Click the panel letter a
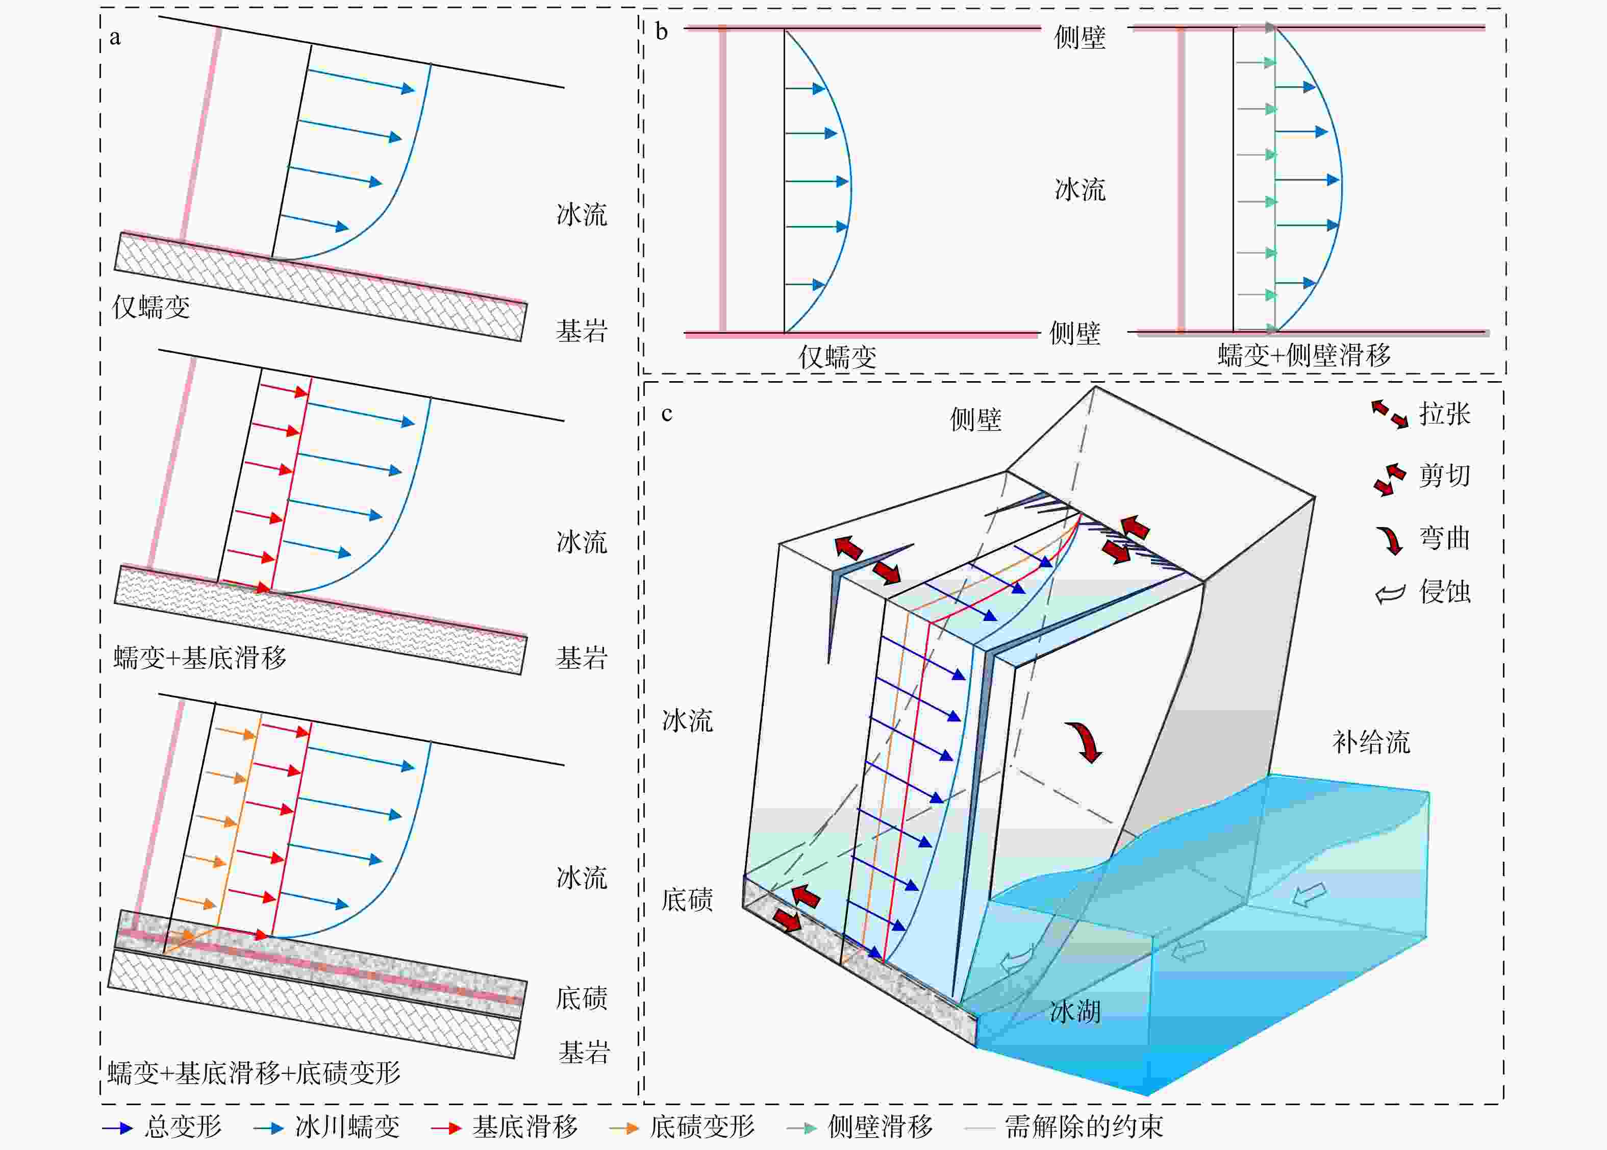pyautogui.click(x=115, y=38)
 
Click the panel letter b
pyautogui.click(x=661, y=32)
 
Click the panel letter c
pyautogui.click(x=666, y=414)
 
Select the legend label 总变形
pyautogui.click(x=183, y=1126)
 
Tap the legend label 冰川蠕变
pyautogui.click(x=347, y=1126)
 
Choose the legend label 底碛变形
pyautogui.click(x=702, y=1126)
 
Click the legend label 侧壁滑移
pyautogui.click(x=880, y=1126)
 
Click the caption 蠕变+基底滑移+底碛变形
pyautogui.click(x=254, y=1073)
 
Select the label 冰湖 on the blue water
pyautogui.click(x=1074, y=1012)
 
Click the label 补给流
pyautogui.click(x=1371, y=742)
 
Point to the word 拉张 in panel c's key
pyautogui.click(x=1444, y=414)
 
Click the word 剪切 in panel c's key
pyautogui.click(x=1444, y=475)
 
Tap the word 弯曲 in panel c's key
pyautogui.click(x=1444, y=538)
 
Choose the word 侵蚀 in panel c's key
pyautogui.click(x=1444, y=591)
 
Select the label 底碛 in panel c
pyautogui.click(x=687, y=899)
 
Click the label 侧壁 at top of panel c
pyautogui.click(x=975, y=420)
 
